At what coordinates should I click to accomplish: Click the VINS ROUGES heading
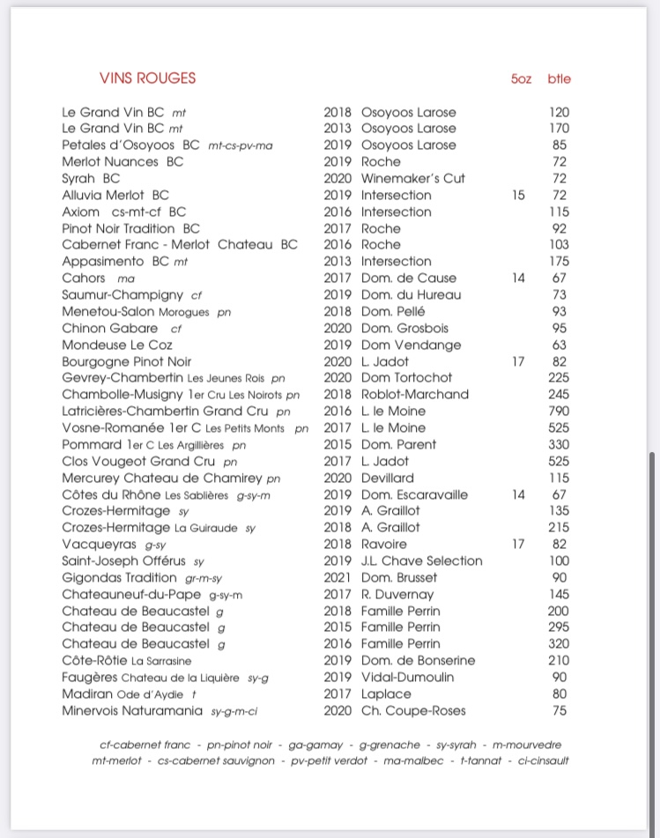pyautogui.click(x=148, y=78)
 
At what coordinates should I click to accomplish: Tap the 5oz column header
pyautogui.click(x=521, y=78)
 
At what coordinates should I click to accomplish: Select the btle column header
pyautogui.click(x=559, y=78)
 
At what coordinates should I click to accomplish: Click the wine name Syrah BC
pyautogui.click(x=91, y=178)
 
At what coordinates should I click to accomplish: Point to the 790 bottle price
pyautogui.click(x=559, y=411)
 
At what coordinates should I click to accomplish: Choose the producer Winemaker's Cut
pyautogui.click(x=413, y=178)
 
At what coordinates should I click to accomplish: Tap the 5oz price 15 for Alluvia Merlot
pyautogui.click(x=518, y=195)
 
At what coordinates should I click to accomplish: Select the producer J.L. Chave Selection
pyautogui.click(x=422, y=560)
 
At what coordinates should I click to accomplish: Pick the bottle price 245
pyautogui.click(x=559, y=394)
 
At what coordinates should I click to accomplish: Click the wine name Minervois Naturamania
pyautogui.click(x=133, y=710)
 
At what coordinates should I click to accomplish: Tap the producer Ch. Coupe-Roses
pyautogui.click(x=413, y=710)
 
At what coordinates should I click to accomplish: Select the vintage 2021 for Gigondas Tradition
pyautogui.click(x=337, y=577)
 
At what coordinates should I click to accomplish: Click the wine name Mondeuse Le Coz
pyautogui.click(x=117, y=345)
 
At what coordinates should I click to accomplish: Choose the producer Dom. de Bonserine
pyautogui.click(x=419, y=660)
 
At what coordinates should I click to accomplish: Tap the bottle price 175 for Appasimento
pyautogui.click(x=559, y=261)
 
